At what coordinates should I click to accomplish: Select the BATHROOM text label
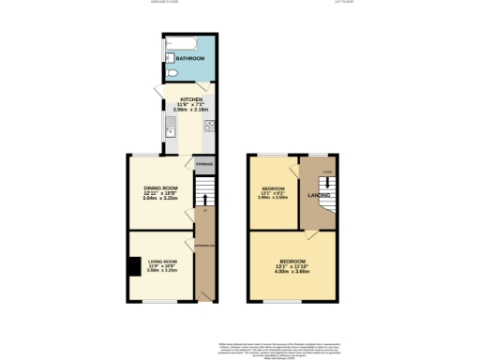point(190,59)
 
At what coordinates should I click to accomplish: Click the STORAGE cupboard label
point(203,164)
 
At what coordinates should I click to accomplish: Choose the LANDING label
point(316,195)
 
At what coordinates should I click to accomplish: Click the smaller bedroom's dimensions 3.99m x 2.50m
point(272,198)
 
